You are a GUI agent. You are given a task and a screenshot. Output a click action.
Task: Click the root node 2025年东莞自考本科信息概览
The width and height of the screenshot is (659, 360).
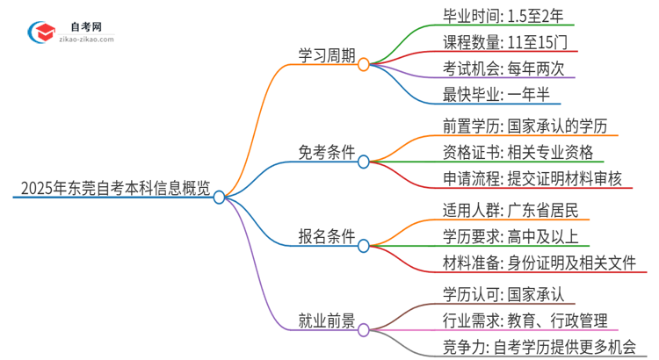[115, 187]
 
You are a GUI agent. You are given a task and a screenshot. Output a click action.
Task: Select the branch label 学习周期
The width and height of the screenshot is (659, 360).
[327, 54]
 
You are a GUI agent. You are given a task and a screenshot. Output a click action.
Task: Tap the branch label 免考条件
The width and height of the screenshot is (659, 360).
[327, 152]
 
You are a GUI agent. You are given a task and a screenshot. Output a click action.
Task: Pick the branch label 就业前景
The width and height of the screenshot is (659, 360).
[327, 320]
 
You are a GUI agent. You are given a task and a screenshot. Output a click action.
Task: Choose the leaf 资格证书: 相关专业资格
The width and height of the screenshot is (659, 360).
[518, 152]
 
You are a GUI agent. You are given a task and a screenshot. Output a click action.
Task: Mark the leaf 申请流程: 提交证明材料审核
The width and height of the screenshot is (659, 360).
[532, 178]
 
